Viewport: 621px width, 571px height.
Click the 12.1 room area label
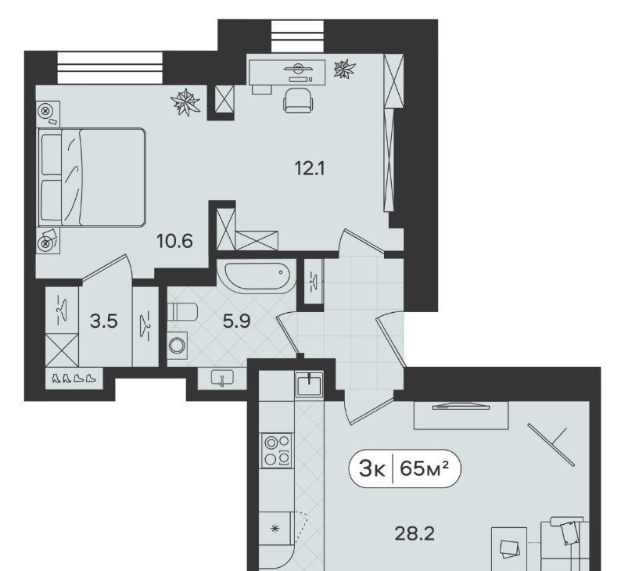pos(310,169)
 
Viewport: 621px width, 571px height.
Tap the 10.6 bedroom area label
pos(174,241)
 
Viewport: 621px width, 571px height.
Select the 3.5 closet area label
pos(104,321)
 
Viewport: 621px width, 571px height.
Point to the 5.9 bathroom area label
pos(236,321)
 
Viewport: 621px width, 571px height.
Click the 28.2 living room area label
pos(415,533)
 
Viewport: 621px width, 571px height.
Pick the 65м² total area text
pos(424,469)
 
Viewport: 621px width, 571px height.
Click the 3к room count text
pos(372,469)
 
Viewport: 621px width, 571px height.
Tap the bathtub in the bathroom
pos(257,276)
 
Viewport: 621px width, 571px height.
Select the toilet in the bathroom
pos(182,311)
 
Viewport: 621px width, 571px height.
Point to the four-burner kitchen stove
pos(276,450)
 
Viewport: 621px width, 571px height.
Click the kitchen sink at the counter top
pos(309,384)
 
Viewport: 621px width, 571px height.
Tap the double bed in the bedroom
pos(92,177)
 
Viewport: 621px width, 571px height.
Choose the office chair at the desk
pos(298,100)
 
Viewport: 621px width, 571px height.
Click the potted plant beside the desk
pos(345,69)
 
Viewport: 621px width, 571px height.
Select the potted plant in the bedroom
pos(185,102)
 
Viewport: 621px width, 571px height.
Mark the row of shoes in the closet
pos(74,378)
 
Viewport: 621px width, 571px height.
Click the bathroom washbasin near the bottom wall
pos(222,379)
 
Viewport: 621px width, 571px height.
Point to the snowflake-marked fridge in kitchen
pos(275,529)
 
